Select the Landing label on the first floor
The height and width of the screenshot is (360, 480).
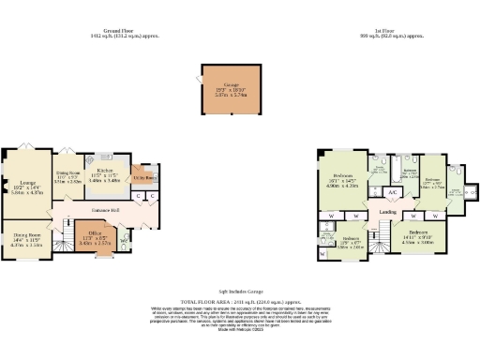pyautogui.click(x=385, y=213)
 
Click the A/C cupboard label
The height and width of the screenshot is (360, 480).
pyautogui.click(x=394, y=192)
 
